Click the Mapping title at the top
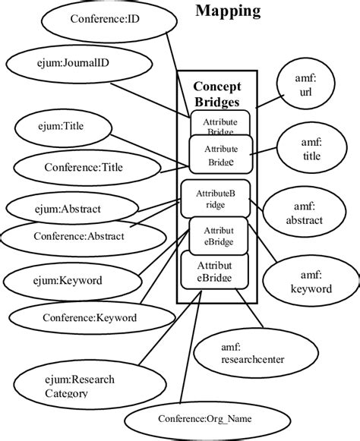coord(228,11)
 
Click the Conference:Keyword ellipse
coord(90,318)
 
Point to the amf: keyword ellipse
coord(311,282)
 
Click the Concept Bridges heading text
coord(216,93)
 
